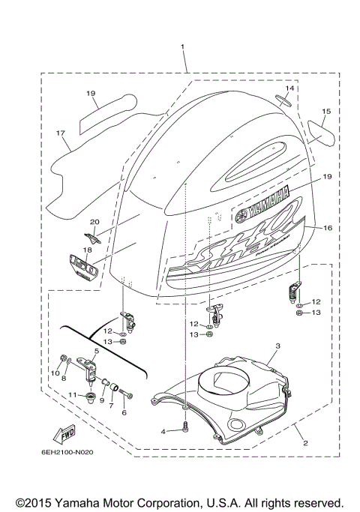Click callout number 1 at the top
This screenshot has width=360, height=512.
click(182, 47)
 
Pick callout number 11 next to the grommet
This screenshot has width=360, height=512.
click(124, 412)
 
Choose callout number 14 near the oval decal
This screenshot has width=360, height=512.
click(289, 88)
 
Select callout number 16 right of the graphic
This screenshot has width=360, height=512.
click(327, 227)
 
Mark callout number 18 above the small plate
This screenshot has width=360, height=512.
click(87, 250)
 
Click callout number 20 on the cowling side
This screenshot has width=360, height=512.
click(94, 222)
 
